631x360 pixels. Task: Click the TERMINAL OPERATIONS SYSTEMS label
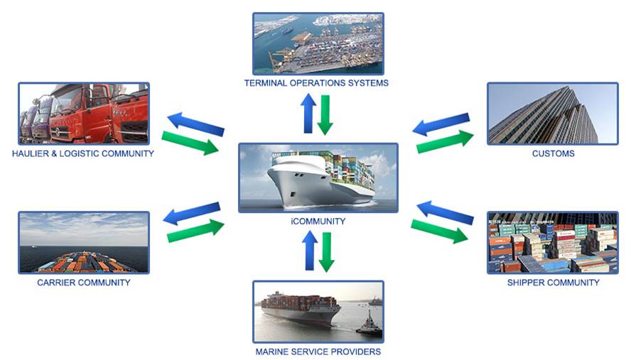(316, 83)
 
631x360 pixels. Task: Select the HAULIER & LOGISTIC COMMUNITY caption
(83, 153)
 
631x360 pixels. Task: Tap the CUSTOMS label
(553, 153)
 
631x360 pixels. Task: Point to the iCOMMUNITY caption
(318, 221)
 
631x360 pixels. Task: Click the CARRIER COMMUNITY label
(84, 283)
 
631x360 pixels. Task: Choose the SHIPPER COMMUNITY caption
(553, 283)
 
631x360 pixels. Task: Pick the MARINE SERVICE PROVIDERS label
(318, 351)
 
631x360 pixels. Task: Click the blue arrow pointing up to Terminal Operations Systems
(308, 113)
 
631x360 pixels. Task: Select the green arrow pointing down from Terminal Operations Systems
(325, 115)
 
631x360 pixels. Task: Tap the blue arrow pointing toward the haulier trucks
(195, 124)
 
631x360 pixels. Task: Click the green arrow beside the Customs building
(445, 141)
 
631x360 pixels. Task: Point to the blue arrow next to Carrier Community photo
(192, 213)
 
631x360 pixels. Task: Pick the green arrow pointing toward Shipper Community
(439, 231)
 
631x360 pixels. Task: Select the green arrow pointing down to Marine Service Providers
(326, 253)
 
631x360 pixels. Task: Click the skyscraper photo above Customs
(553, 114)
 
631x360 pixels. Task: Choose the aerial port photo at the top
(318, 43)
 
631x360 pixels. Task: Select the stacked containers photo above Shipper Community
(553, 243)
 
